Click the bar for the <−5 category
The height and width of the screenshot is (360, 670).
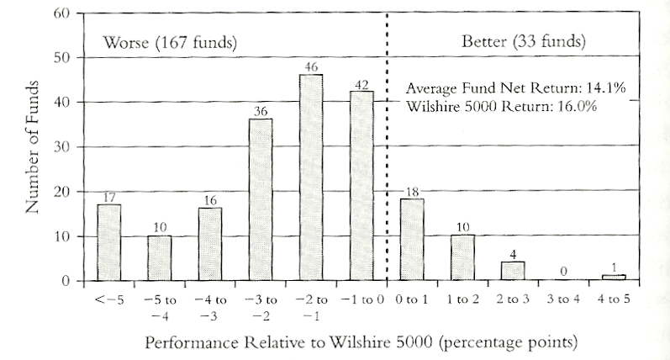pos(108,242)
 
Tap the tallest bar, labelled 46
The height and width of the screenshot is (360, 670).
pos(310,177)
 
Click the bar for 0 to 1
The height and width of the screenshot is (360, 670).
pos(412,240)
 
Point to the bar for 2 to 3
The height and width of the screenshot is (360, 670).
pos(513,271)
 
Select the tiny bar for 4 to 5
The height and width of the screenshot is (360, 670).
pos(614,277)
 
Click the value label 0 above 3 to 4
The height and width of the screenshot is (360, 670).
pos(563,271)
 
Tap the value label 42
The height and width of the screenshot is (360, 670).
pos(361,85)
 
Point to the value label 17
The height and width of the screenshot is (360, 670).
pos(108,197)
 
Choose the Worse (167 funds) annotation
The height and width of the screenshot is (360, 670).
pos(167,41)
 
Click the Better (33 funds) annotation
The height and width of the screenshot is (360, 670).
pos(524,41)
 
